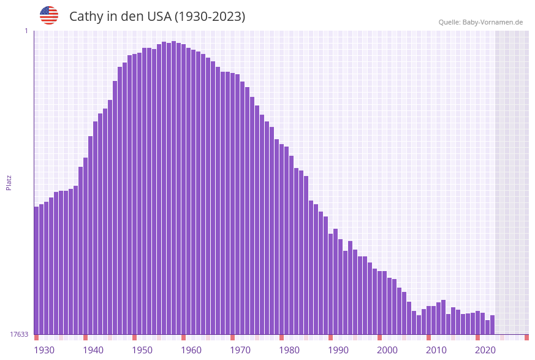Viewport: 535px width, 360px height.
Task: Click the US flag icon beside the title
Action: click(49, 15)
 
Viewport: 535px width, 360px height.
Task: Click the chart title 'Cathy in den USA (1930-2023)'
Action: click(157, 17)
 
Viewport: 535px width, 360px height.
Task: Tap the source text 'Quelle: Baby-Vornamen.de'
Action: click(480, 22)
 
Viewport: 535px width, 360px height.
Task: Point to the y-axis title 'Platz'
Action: click(9, 182)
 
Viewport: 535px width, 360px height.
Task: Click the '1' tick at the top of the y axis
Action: click(26, 31)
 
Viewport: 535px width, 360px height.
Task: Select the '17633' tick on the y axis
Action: click(19, 334)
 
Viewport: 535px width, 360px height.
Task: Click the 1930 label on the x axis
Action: click(44, 350)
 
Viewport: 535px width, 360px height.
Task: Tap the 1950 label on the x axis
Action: click(142, 350)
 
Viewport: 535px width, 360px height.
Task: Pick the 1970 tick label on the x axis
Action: click(240, 350)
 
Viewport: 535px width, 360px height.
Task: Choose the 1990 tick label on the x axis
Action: click(338, 350)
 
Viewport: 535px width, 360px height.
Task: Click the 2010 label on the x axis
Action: click(436, 350)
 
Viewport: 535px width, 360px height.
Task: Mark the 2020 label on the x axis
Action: click(485, 350)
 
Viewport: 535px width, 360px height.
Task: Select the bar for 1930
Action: click(37, 270)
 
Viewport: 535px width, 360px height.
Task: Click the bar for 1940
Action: click(86, 245)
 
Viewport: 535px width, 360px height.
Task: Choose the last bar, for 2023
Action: click(493, 325)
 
